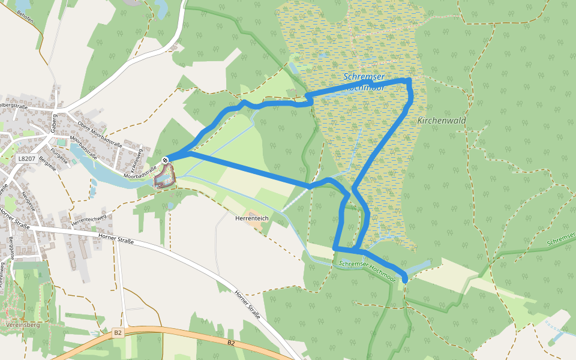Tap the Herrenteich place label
251,218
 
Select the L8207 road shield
26,159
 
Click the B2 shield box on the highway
118,332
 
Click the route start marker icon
165,160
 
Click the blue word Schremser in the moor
364,77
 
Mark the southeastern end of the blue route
405,279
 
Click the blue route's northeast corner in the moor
409,80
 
